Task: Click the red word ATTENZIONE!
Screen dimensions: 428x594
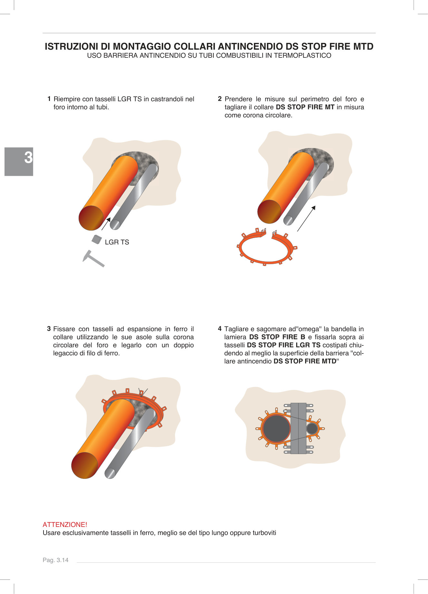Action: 65,524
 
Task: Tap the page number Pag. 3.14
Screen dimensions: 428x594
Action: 55,560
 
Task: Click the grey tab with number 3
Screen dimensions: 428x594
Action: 19,161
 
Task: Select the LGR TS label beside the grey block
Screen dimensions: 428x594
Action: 117,242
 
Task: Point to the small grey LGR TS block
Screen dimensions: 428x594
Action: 96,240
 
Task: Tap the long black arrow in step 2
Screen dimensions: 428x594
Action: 306,218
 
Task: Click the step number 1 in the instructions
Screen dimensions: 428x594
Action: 49,99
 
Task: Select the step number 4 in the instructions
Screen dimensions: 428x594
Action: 219,329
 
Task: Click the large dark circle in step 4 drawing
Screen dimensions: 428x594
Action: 276,429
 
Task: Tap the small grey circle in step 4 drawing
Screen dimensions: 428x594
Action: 312,429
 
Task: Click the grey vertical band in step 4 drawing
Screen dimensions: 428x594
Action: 298,428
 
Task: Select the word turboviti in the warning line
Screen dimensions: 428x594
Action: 264,533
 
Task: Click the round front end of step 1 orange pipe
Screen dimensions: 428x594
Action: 91,218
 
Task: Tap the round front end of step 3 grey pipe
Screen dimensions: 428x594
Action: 110,473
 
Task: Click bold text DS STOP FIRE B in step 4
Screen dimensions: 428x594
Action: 277,337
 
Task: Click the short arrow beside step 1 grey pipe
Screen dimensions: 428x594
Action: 106,223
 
